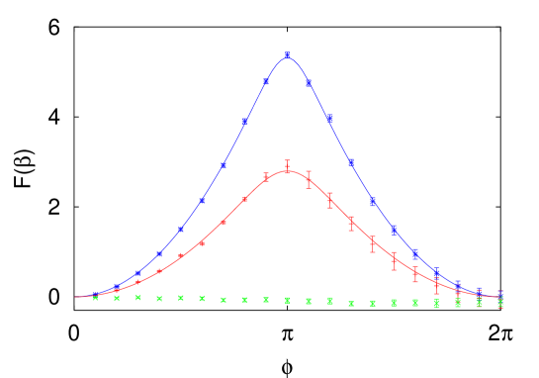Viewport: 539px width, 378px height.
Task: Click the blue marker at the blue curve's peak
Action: (x=287, y=54)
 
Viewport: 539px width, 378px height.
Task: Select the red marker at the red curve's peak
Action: (x=287, y=169)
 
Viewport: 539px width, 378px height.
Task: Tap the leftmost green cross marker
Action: (x=95, y=297)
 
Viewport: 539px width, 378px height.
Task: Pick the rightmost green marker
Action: (x=500, y=303)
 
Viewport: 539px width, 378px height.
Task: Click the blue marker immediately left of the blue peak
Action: (x=266, y=83)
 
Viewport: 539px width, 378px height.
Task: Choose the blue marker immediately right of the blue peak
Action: (x=309, y=83)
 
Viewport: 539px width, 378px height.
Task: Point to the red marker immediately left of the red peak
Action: (x=266, y=178)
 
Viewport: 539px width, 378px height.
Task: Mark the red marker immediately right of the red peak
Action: (x=309, y=180)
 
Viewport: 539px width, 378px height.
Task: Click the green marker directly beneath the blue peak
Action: (x=287, y=300)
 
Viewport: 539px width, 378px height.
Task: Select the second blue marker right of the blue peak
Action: (x=329, y=118)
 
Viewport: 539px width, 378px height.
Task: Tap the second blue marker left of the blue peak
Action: (x=244, y=122)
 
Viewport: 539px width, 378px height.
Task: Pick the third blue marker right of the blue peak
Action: (x=351, y=161)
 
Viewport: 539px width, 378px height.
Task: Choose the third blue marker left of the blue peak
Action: (x=224, y=164)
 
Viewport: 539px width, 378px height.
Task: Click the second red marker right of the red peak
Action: (x=330, y=200)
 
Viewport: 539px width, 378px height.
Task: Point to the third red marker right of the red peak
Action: (x=351, y=224)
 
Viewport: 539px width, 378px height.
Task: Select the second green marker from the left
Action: (x=117, y=297)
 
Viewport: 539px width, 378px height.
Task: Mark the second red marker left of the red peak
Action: (x=244, y=200)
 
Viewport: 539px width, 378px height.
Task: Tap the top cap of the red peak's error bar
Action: (x=287, y=161)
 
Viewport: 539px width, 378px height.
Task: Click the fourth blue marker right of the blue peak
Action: (x=373, y=202)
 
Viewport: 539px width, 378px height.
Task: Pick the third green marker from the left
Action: (x=137, y=297)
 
